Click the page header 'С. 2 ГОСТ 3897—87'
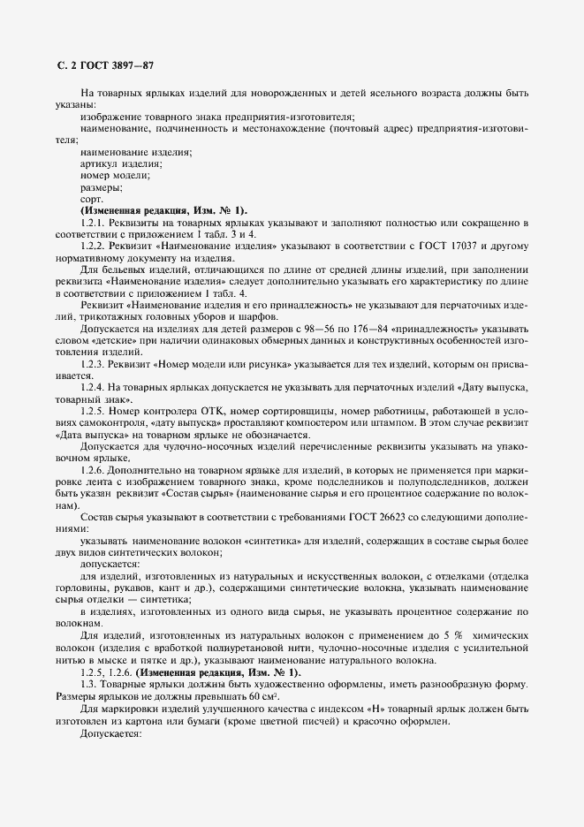(x=102, y=66)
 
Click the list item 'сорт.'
(x=92, y=199)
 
